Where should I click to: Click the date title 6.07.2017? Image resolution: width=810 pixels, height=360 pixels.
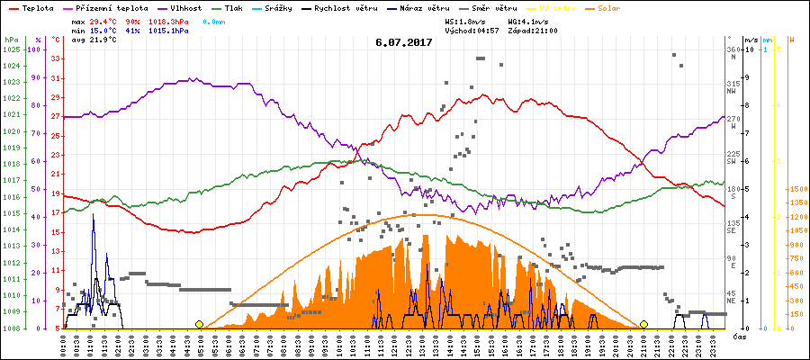pos(404,41)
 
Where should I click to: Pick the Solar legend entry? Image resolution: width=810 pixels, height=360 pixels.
pos(621,7)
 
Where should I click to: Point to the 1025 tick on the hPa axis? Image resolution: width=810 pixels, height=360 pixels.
pos(11,49)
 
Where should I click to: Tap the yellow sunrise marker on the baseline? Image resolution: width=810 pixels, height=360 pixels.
pos(199,324)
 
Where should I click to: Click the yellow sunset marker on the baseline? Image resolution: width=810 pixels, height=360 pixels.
pos(643,324)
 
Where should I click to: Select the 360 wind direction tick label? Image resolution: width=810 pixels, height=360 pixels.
pos(734,49)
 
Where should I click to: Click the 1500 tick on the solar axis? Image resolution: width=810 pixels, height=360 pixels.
pos(797,189)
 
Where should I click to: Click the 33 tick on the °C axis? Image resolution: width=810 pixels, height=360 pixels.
pos(56,59)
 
